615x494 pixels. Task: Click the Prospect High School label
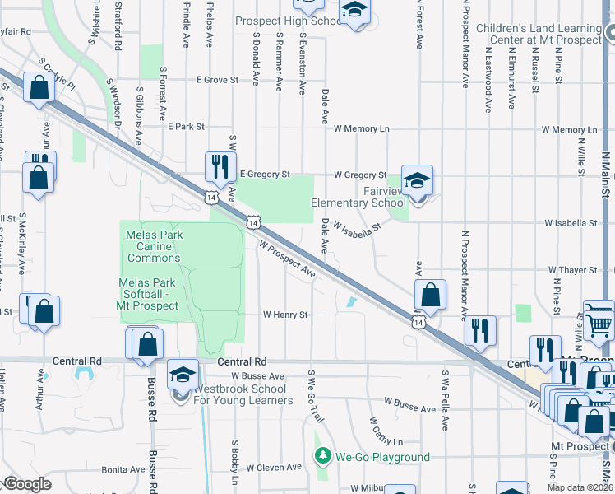[288, 21]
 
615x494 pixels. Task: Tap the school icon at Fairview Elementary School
[417, 181]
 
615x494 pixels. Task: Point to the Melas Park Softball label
[149, 294]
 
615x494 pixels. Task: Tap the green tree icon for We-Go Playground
[323, 456]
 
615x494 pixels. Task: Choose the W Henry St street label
[284, 315]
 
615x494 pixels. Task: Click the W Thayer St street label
[573, 270]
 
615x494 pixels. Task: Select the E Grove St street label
[217, 81]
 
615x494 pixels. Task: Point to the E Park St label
[185, 127]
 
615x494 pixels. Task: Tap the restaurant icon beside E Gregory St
[220, 166]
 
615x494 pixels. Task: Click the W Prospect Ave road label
[287, 258]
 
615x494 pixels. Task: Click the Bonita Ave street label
[123, 469]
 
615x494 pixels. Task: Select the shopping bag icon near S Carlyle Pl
[39, 86]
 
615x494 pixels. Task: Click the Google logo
[28, 484]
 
